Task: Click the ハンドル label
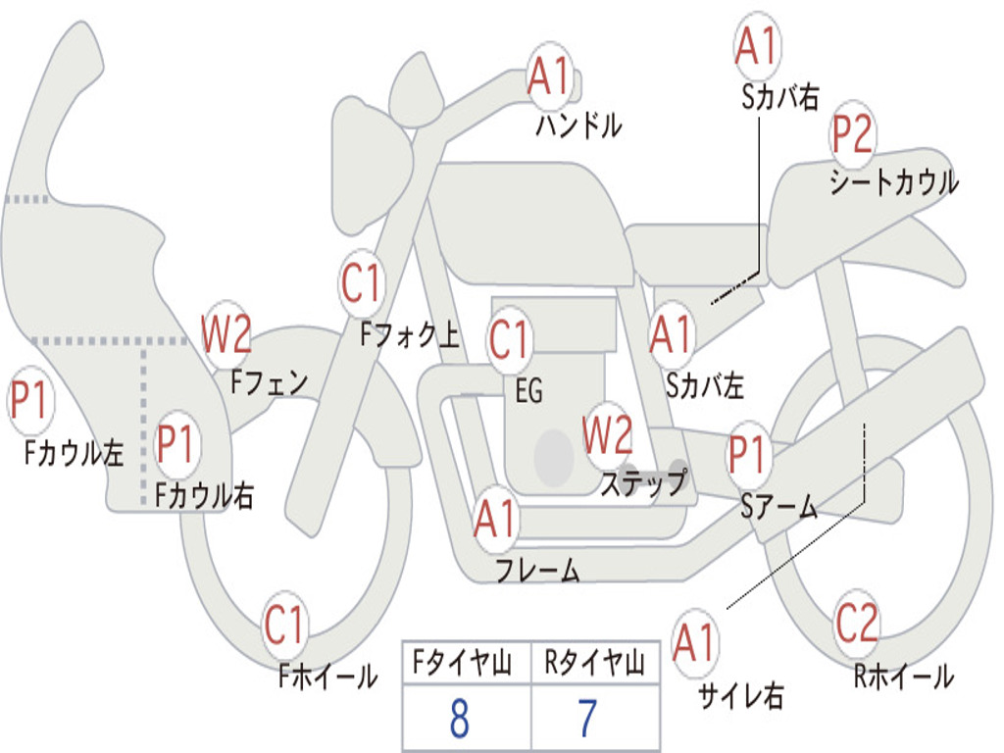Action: click(x=578, y=125)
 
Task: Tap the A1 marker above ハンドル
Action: click(x=549, y=76)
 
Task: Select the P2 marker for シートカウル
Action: click(x=853, y=134)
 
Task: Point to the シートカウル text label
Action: click(x=893, y=182)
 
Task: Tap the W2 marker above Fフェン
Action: click(x=226, y=334)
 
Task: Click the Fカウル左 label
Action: click(x=75, y=452)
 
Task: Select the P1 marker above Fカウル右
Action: click(x=177, y=444)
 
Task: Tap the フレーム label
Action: click(x=537, y=570)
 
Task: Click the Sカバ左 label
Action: click(x=705, y=385)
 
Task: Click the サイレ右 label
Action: click(x=740, y=695)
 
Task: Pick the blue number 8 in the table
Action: click(x=460, y=719)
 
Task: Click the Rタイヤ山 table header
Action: click(x=594, y=665)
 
